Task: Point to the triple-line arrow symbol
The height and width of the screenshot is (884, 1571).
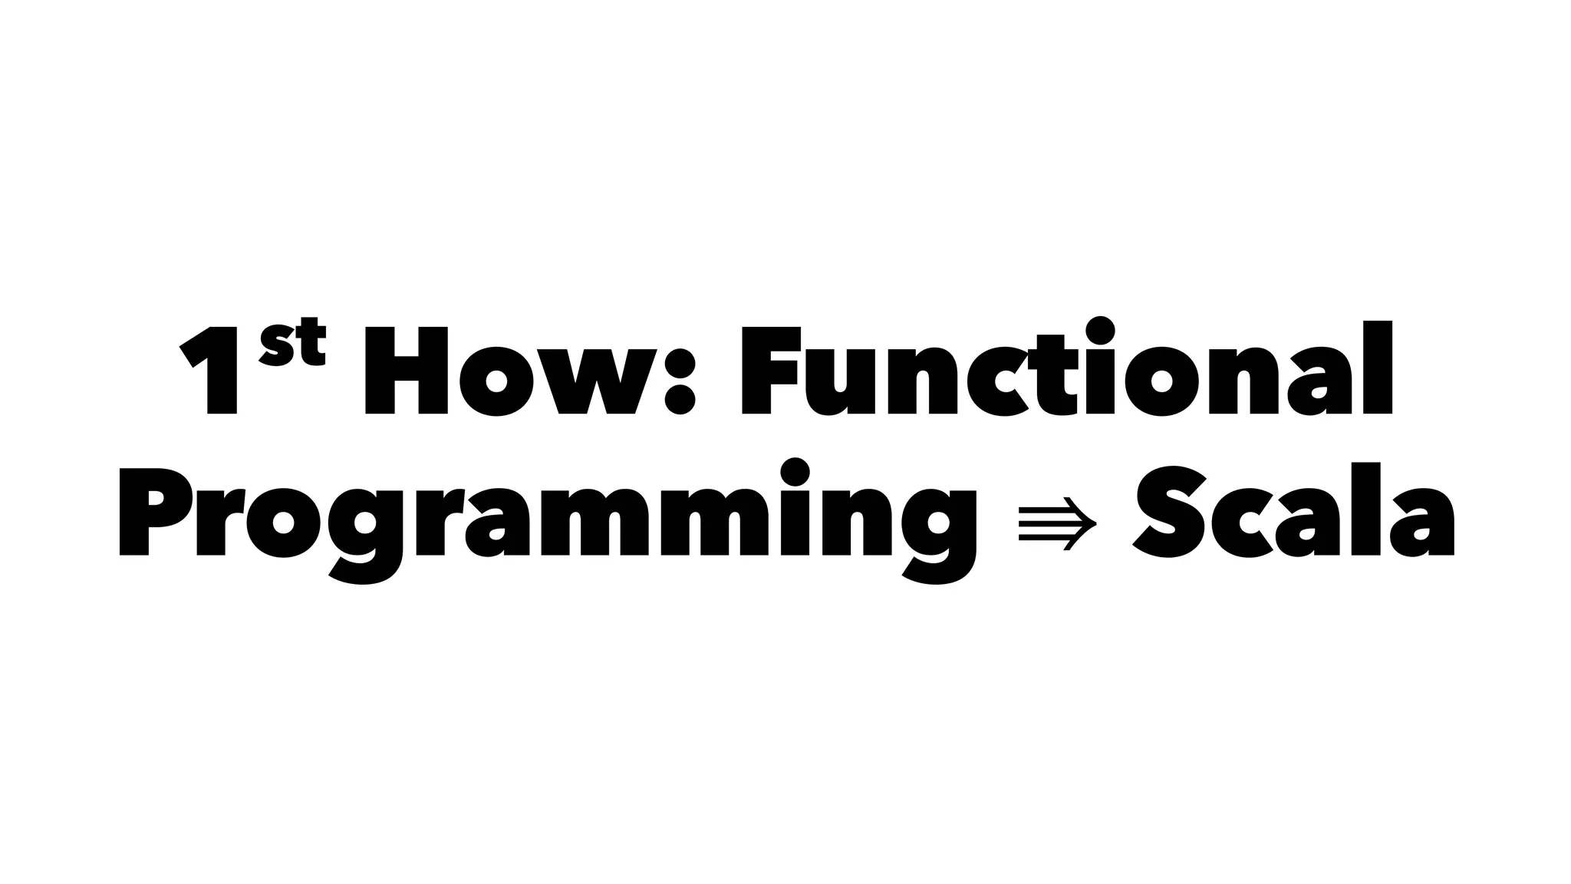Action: [x=1057, y=523]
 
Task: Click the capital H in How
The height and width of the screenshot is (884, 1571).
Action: [x=407, y=371]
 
